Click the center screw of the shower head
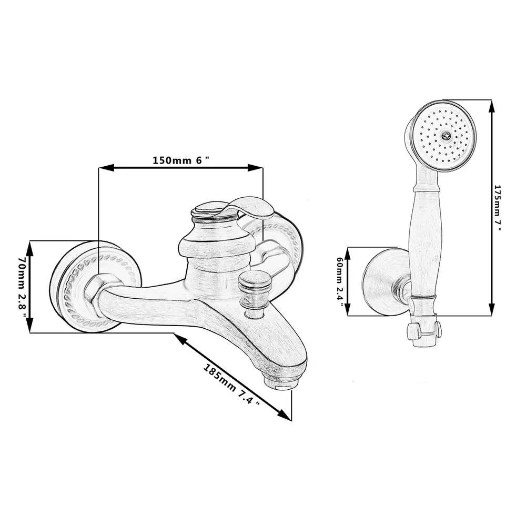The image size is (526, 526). point(446,135)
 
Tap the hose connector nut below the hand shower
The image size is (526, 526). point(424,331)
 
